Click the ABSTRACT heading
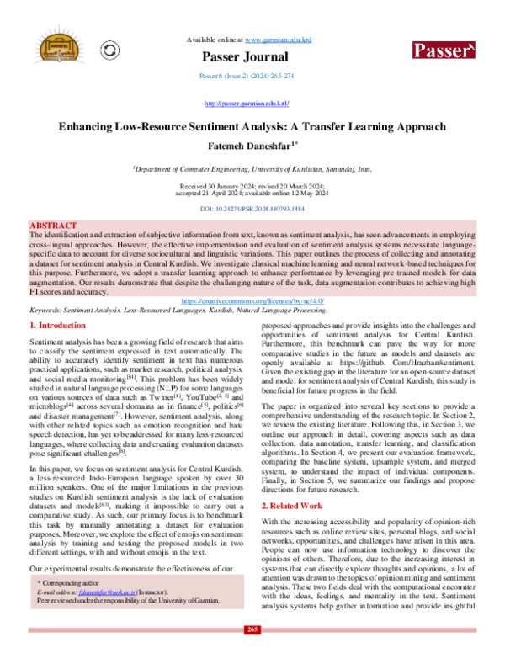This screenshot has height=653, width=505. [55, 226]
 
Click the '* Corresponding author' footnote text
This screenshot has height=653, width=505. [70, 581]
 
